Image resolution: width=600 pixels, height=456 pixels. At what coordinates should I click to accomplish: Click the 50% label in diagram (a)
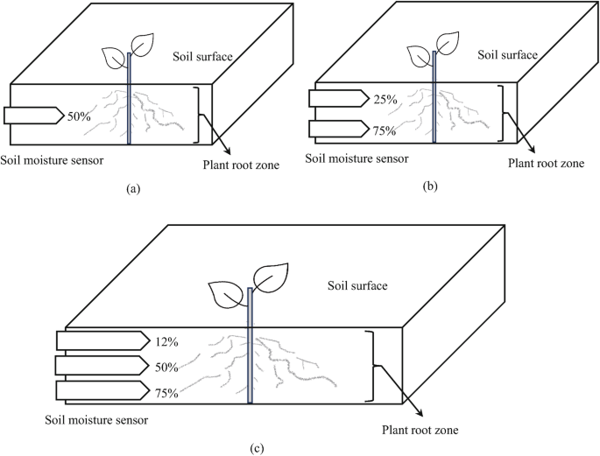79,116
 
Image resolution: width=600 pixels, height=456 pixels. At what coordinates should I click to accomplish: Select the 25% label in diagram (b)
385,100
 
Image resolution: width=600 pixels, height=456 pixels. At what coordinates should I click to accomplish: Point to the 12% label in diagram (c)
166,340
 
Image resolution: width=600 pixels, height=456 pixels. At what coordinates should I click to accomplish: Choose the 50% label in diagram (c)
166,367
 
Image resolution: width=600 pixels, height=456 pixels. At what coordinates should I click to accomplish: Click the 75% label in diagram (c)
166,393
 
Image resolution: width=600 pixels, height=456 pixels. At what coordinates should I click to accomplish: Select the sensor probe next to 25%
336,99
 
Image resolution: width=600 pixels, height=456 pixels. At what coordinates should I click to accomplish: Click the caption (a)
134,188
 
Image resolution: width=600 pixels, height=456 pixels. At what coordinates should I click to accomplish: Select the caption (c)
256,448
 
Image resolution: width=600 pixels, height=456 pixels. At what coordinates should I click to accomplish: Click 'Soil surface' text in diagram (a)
203,57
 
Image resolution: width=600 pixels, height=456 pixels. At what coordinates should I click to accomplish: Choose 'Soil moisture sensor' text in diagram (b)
356,158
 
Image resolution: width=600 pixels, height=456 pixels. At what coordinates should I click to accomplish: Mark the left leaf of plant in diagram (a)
114,58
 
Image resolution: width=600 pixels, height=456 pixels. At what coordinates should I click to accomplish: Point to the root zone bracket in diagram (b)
502,113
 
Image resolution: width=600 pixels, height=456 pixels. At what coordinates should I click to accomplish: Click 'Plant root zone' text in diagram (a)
241,163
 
